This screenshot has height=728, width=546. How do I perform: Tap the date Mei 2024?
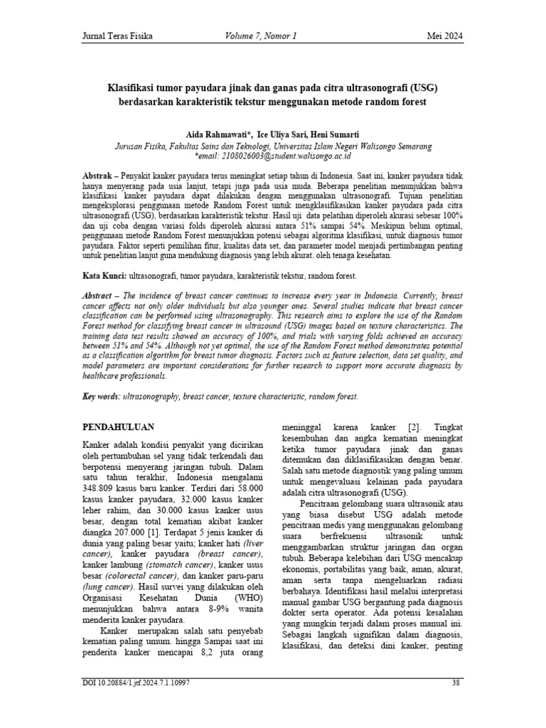pyautogui.click(x=444, y=36)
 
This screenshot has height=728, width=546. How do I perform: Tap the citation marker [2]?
pyautogui.click(x=416, y=427)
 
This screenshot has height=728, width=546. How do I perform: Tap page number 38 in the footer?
pyautogui.click(x=456, y=703)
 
